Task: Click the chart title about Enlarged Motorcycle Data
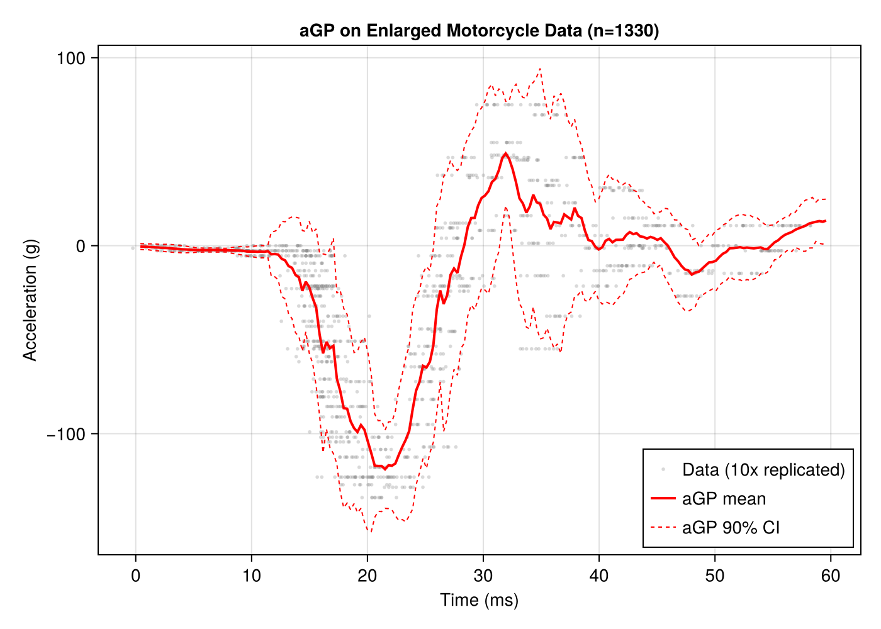click(479, 31)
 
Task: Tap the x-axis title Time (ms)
click(479, 599)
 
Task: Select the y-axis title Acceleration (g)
click(30, 300)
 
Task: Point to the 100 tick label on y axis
click(70, 58)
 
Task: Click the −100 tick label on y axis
click(66, 435)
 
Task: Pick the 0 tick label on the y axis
click(80, 247)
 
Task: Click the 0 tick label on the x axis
click(135, 575)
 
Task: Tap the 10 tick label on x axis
click(251, 575)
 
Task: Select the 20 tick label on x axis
click(367, 575)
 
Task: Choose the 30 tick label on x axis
click(483, 575)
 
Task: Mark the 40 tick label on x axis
click(598, 575)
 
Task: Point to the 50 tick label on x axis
click(714, 575)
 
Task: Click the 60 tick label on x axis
click(830, 575)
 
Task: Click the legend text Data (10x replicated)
click(763, 470)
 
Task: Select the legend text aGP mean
click(724, 499)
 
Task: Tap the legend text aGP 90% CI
click(731, 527)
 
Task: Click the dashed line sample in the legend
click(663, 527)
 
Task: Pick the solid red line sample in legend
click(663, 499)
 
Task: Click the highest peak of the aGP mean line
click(505, 153)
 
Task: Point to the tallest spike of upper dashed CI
click(540, 69)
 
